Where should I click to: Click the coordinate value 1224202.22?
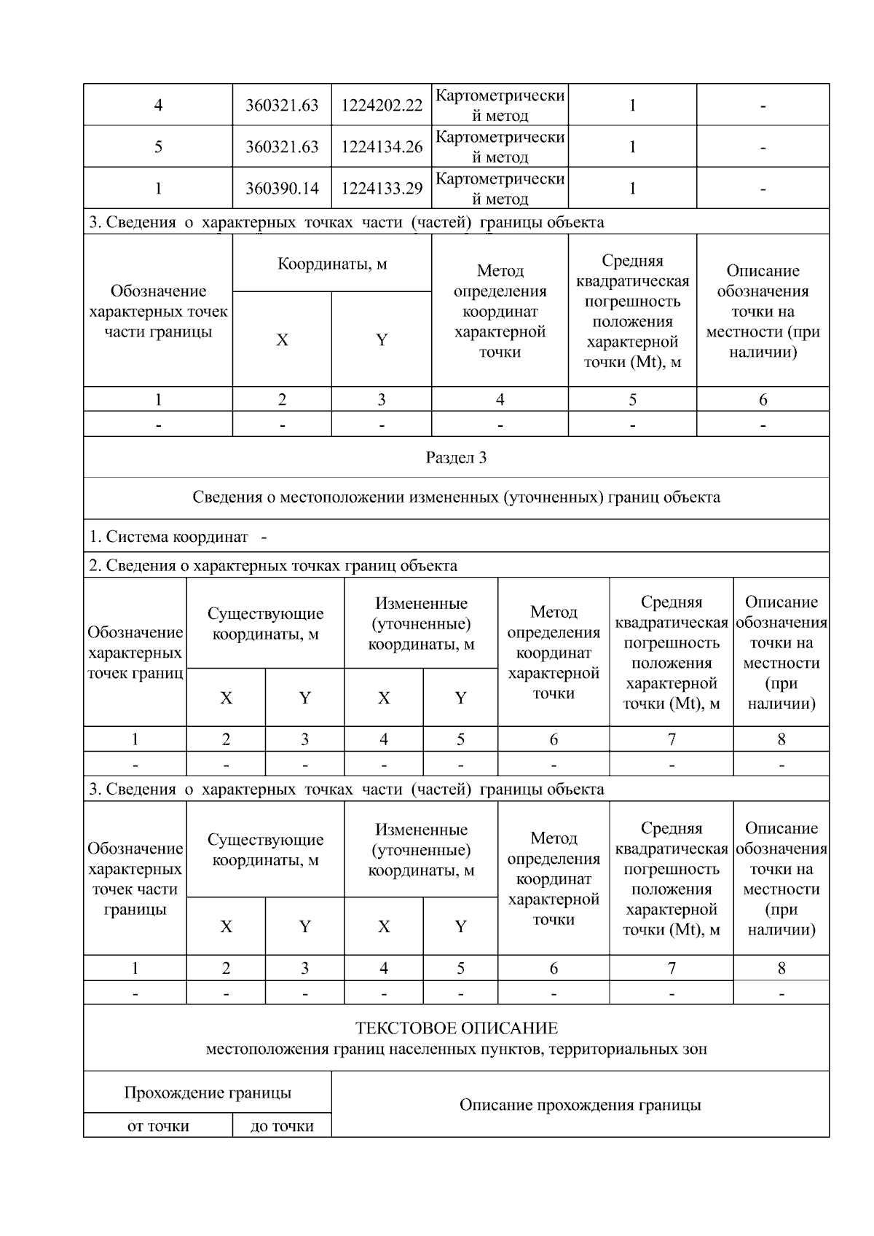[x=382, y=105]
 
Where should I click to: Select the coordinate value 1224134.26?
[x=382, y=147]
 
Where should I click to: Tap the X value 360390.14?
[x=282, y=189]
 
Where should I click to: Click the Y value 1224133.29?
[x=382, y=189]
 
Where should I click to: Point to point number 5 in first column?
[x=158, y=147]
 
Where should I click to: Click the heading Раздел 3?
[x=456, y=457]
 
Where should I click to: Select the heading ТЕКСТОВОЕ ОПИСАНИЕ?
[x=456, y=1028]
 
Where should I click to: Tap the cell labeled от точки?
[x=158, y=1126]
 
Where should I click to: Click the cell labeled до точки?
[x=282, y=1126]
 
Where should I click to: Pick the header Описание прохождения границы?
[x=580, y=1105]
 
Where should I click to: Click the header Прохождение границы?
[x=208, y=1093]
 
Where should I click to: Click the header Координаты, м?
[x=332, y=264]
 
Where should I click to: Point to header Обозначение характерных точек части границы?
[x=158, y=311]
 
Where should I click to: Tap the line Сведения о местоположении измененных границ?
[x=456, y=497]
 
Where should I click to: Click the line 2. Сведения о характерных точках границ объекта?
[x=273, y=566]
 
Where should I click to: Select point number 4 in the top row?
[x=158, y=105]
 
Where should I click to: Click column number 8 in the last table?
[x=781, y=968]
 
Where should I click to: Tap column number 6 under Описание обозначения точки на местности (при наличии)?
[x=763, y=399]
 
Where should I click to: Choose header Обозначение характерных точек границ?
[x=135, y=653]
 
